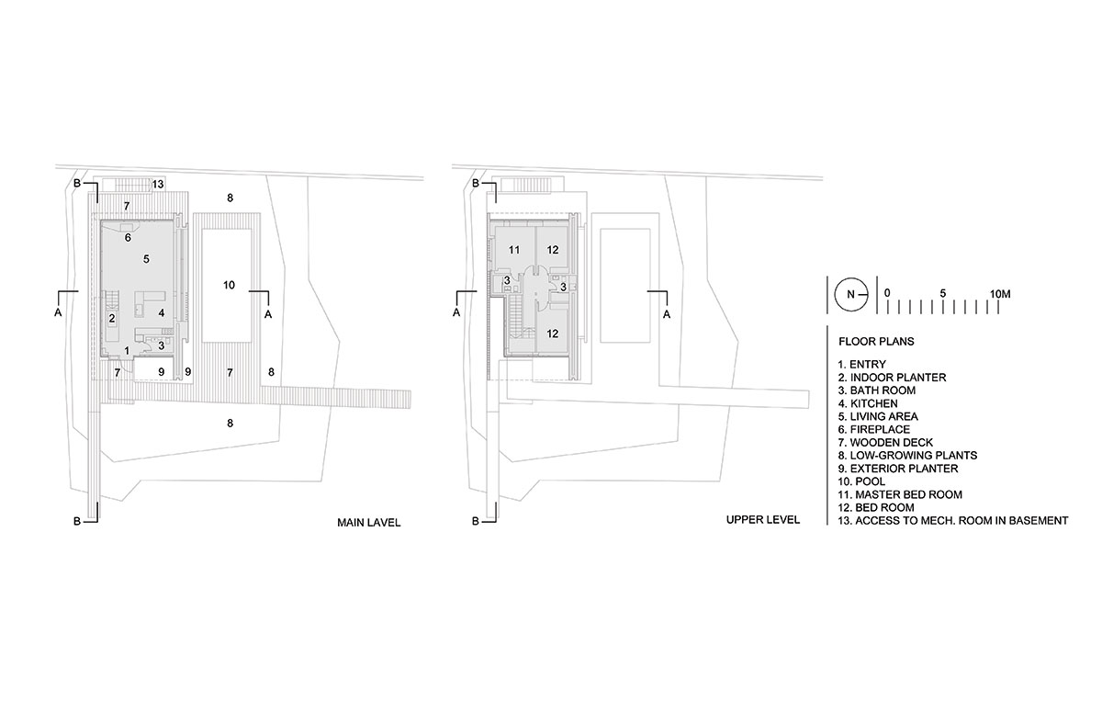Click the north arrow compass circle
click(x=850, y=295)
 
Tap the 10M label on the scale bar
click(x=1000, y=294)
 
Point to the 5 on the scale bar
click(x=942, y=293)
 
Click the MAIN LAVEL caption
click(x=369, y=523)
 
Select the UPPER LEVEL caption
click(x=763, y=520)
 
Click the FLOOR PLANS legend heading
click(x=876, y=342)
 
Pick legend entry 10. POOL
click(x=861, y=481)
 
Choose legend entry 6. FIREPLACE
click(x=874, y=429)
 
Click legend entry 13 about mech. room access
click(x=953, y=520)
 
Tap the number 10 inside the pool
click(x=229, y=285)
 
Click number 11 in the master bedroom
click(x=514, y=250)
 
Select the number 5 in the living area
click(x=146, y=259)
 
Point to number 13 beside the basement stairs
click(x=158, y=184)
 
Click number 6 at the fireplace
click(x=128, y=238)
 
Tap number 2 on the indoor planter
click(x=112, y=318)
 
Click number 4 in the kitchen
click(x=162, y=313)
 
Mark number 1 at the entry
click(x=127, y=351)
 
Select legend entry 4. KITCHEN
click(x=868, y=403)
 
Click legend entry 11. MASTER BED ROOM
click(x=900, y=494)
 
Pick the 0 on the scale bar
click(x=887, y=293)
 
